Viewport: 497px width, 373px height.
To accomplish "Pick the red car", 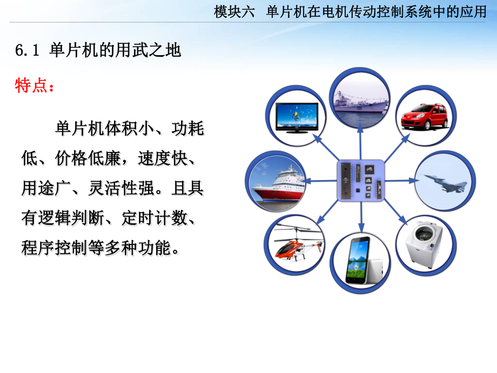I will click(x=425, y=116).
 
